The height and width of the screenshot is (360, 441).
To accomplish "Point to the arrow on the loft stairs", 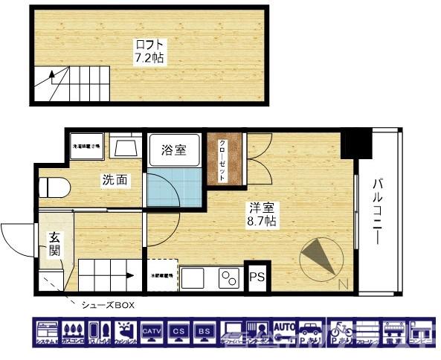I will [x=53, y=77].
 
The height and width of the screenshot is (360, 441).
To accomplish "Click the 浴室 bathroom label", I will [x=174, y=150].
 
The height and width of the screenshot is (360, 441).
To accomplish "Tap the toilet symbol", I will [x=54, y=186].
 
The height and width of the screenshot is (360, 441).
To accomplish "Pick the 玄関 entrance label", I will [x=55, y=244].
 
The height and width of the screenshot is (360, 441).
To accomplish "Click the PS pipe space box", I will [x=257, y=277].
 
